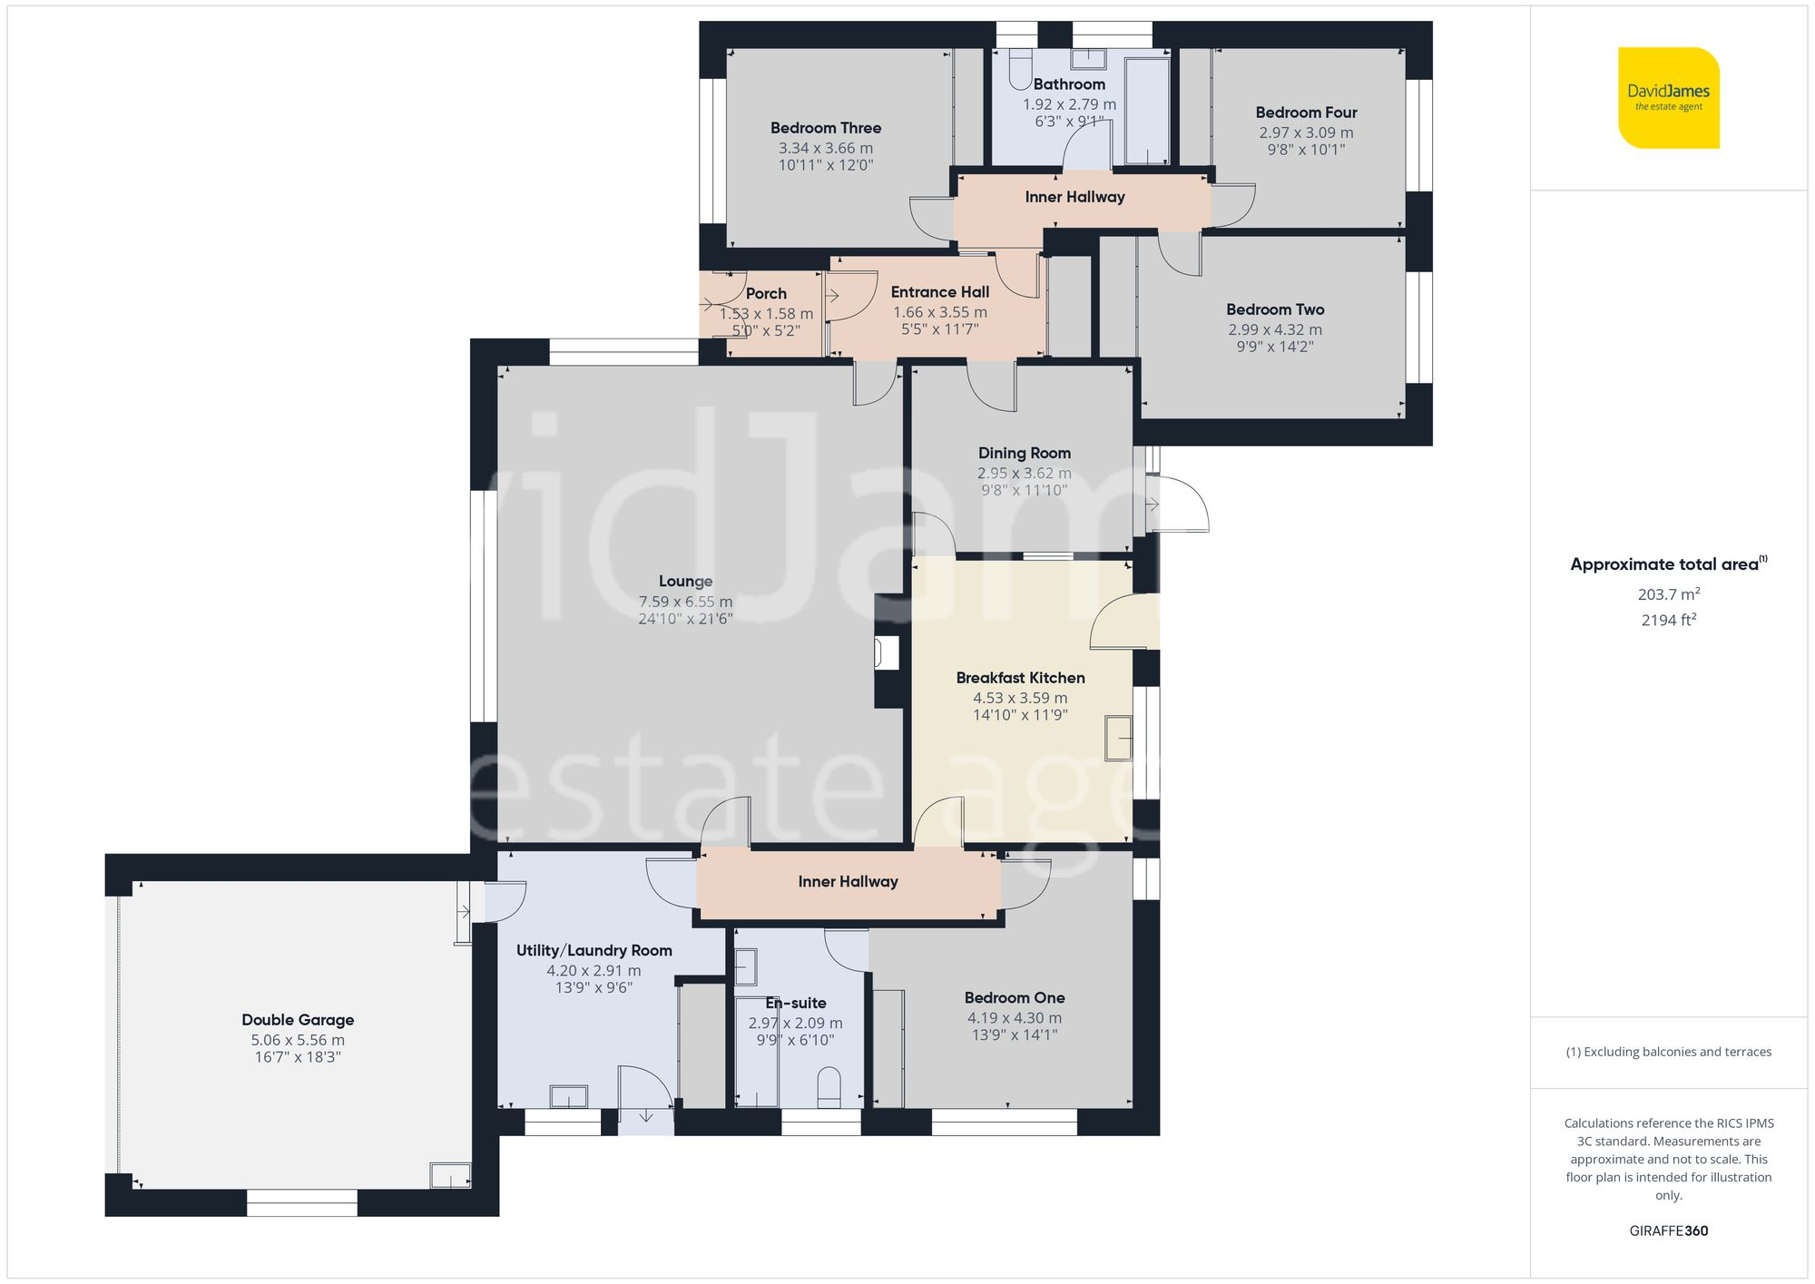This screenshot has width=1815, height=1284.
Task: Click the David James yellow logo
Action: [1668, 98]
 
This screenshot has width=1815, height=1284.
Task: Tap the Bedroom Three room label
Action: [825, 128]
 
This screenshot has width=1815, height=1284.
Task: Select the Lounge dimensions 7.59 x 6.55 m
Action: [685, 602]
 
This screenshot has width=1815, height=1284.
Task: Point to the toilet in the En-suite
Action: [829, 1087]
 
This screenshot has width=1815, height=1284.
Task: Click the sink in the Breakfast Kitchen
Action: [1118, 738]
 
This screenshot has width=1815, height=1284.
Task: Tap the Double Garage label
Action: [298, 1020]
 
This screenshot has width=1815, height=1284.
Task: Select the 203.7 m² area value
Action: [1668, 594]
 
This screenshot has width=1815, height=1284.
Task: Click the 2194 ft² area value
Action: [1668, 621]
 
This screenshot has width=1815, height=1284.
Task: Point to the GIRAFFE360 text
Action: [1668, 1230]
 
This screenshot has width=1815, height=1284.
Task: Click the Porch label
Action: [766, 293]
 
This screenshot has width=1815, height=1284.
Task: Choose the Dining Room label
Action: [1024, 453]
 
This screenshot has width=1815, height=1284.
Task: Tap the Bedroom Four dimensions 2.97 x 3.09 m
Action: [1305, 132]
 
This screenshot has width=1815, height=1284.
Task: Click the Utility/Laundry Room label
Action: [594, 950]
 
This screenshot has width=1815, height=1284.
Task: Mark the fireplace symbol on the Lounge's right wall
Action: [886, 653]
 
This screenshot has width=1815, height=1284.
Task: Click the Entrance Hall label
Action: [939, 292]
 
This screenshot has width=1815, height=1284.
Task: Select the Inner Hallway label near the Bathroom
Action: [1074, 197]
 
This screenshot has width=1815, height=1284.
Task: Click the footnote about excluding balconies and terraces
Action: [1668, 1052]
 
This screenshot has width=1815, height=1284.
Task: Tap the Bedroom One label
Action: [1014, 997]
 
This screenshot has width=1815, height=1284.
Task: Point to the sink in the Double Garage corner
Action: [449, 1175]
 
